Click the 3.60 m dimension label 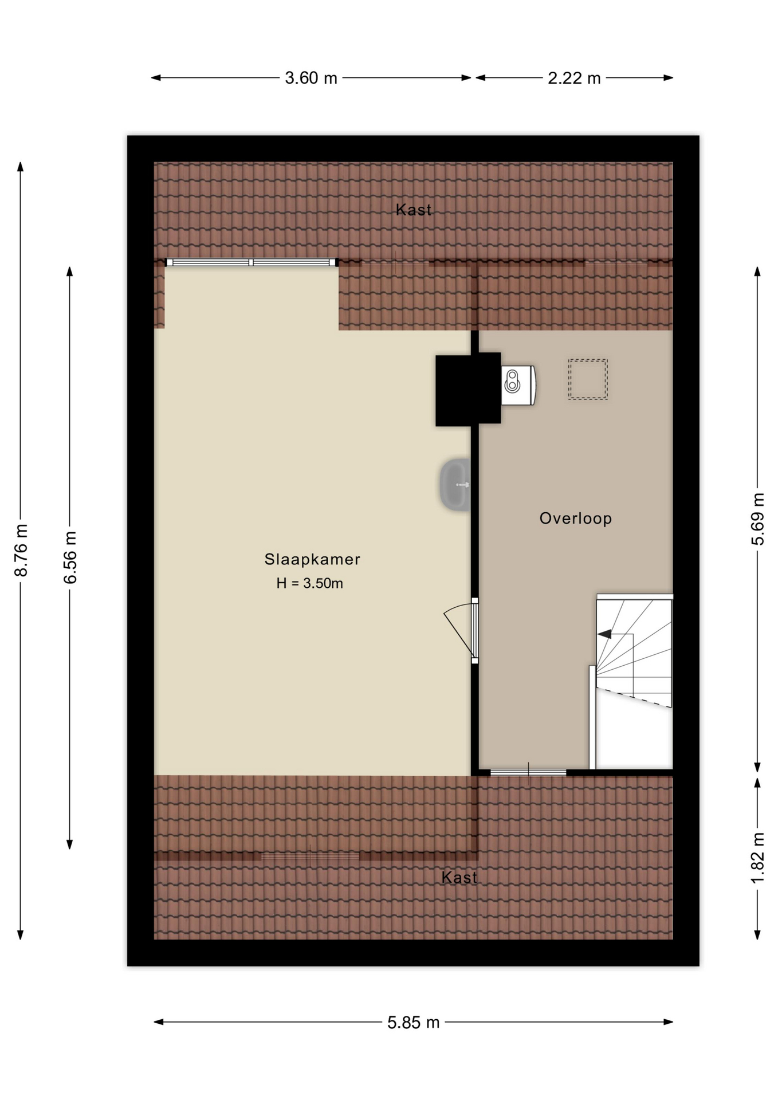[311, 78]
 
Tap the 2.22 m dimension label [574, 78]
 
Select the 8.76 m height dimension [21, 550]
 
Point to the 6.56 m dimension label [70, 557]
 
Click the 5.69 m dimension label [758, 519]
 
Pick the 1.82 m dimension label [758, 858]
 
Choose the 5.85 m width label [413, 1022]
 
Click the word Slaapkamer [312, 559]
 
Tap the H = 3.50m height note [310, 583]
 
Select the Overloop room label [576, 518]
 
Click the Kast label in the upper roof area [414, 210]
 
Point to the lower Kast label [459, 877]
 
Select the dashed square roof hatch [588, 379]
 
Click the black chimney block [468, 390]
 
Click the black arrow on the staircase [604, 634]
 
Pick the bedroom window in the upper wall [251, 262]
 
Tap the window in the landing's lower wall [528, 773]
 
